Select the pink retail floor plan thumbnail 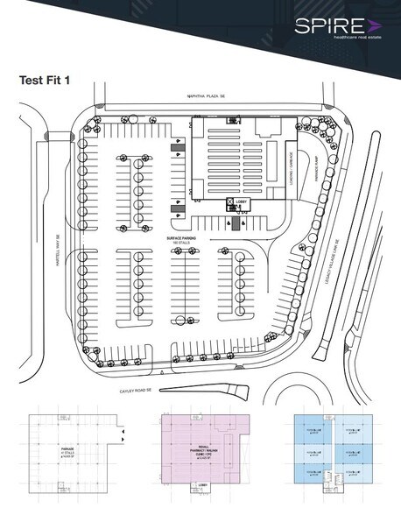pos(205,447)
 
